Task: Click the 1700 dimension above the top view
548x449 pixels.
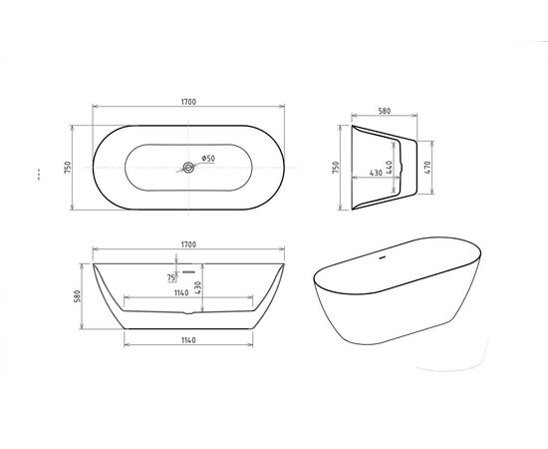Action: point(186,101)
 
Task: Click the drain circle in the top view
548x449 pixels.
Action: point(186,169)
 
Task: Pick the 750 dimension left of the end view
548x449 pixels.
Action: point(337,169)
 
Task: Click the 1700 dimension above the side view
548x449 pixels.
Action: point(186,244)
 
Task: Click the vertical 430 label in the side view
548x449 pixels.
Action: point(198,286)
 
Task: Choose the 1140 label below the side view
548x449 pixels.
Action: point(186,341)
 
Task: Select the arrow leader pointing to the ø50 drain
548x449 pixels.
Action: point(194,165)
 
